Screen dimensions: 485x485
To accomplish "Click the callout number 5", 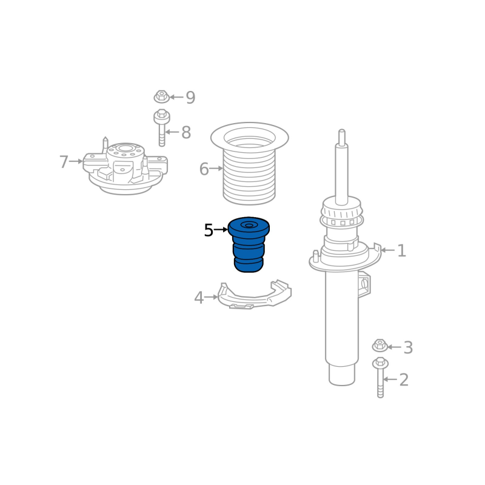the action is pyautogui.click(x=209, y=230).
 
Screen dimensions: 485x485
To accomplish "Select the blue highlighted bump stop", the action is pyautogui.click(x=249, y=244).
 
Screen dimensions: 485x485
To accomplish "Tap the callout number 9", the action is pyautogui.click(x=190, y=98).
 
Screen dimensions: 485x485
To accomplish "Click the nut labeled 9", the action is pyautogui.click(x=161, y=96).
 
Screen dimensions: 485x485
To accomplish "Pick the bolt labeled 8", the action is pyautogui.click(x=162, y=127).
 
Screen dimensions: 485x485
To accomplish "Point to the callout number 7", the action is pyautogui.click(x=64, y=162).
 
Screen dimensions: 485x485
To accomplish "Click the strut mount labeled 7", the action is pyautogui.click(x=125, y=166).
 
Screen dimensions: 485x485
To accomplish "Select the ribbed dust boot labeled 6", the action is pyautogui.click(x=250, y=163).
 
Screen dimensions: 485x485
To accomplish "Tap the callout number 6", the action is pyautogui.click(x=204, y=169).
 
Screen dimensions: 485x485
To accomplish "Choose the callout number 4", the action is pyautogui.click(x=199, y=298).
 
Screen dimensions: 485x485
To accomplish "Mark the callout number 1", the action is pyautogui.click(x=401, y=250).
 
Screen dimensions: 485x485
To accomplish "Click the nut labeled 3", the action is pyautogui.click(x=380, y=345).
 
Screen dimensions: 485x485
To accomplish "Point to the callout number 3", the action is pyautogui.click(x=408, y=347).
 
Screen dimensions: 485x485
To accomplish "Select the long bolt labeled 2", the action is pyautogui.click(x=381, y=377).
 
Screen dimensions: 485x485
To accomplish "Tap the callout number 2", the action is pyautogui.click(x=404, y=380).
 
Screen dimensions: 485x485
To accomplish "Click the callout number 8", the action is pyautogui.click(x=186, y=132).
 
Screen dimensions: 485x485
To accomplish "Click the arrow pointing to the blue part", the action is pyautogui.click(x=221, y=230).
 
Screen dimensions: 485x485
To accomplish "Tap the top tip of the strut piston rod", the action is pyautogui.click(x=342, y=130).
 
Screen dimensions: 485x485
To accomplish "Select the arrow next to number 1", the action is pyautogui.click(x=387, y=250).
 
